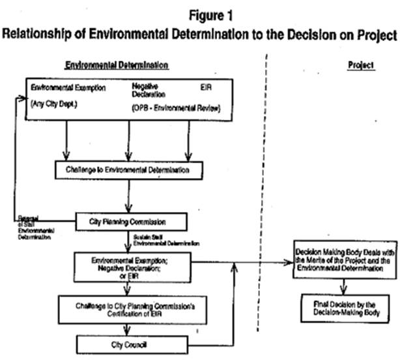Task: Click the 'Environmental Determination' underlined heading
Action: pos(117,65)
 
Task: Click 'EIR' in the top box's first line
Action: pos(206,86)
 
